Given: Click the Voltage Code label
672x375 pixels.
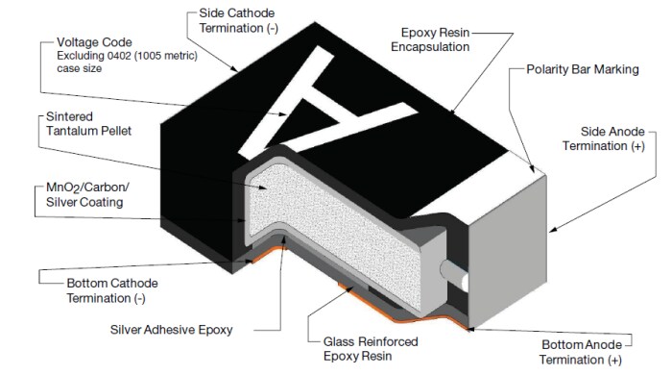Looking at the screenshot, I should tap(94, 41).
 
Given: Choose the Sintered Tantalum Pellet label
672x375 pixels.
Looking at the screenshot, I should tap(82, 122).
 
